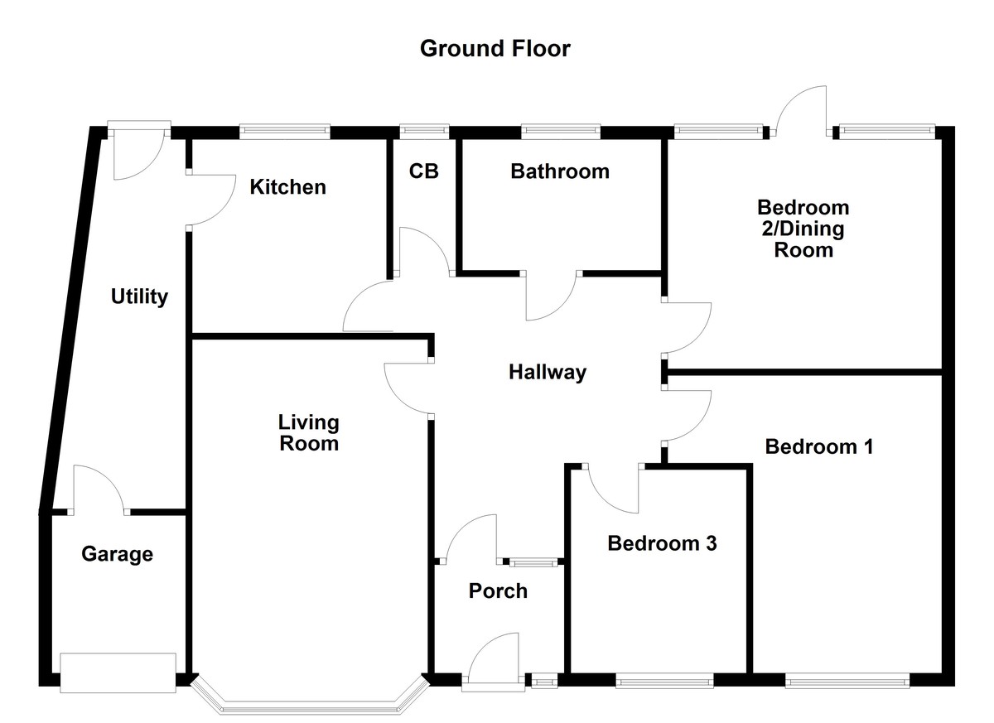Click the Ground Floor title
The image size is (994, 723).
[495, 49]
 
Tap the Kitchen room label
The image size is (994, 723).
[288, 187]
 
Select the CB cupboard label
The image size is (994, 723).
[423, 171]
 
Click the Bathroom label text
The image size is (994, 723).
[559, 171]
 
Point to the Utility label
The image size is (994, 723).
[139, 296]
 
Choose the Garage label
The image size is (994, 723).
[117, 554]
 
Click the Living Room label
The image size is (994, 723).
[308, 433]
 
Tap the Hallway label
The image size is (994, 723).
[547, 373]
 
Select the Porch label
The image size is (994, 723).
[497, 591]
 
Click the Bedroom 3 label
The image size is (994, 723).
[661, 544]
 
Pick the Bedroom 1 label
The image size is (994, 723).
[818, 447]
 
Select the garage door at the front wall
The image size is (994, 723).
[118, 672]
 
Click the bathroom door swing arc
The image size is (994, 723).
[551, 298]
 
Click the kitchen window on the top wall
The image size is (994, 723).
[284, 131]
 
